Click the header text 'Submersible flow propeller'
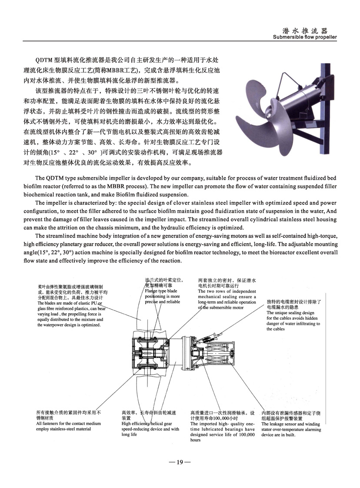[305, 37]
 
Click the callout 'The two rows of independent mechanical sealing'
[227, 297]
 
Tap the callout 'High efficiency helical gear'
[150, 426]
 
